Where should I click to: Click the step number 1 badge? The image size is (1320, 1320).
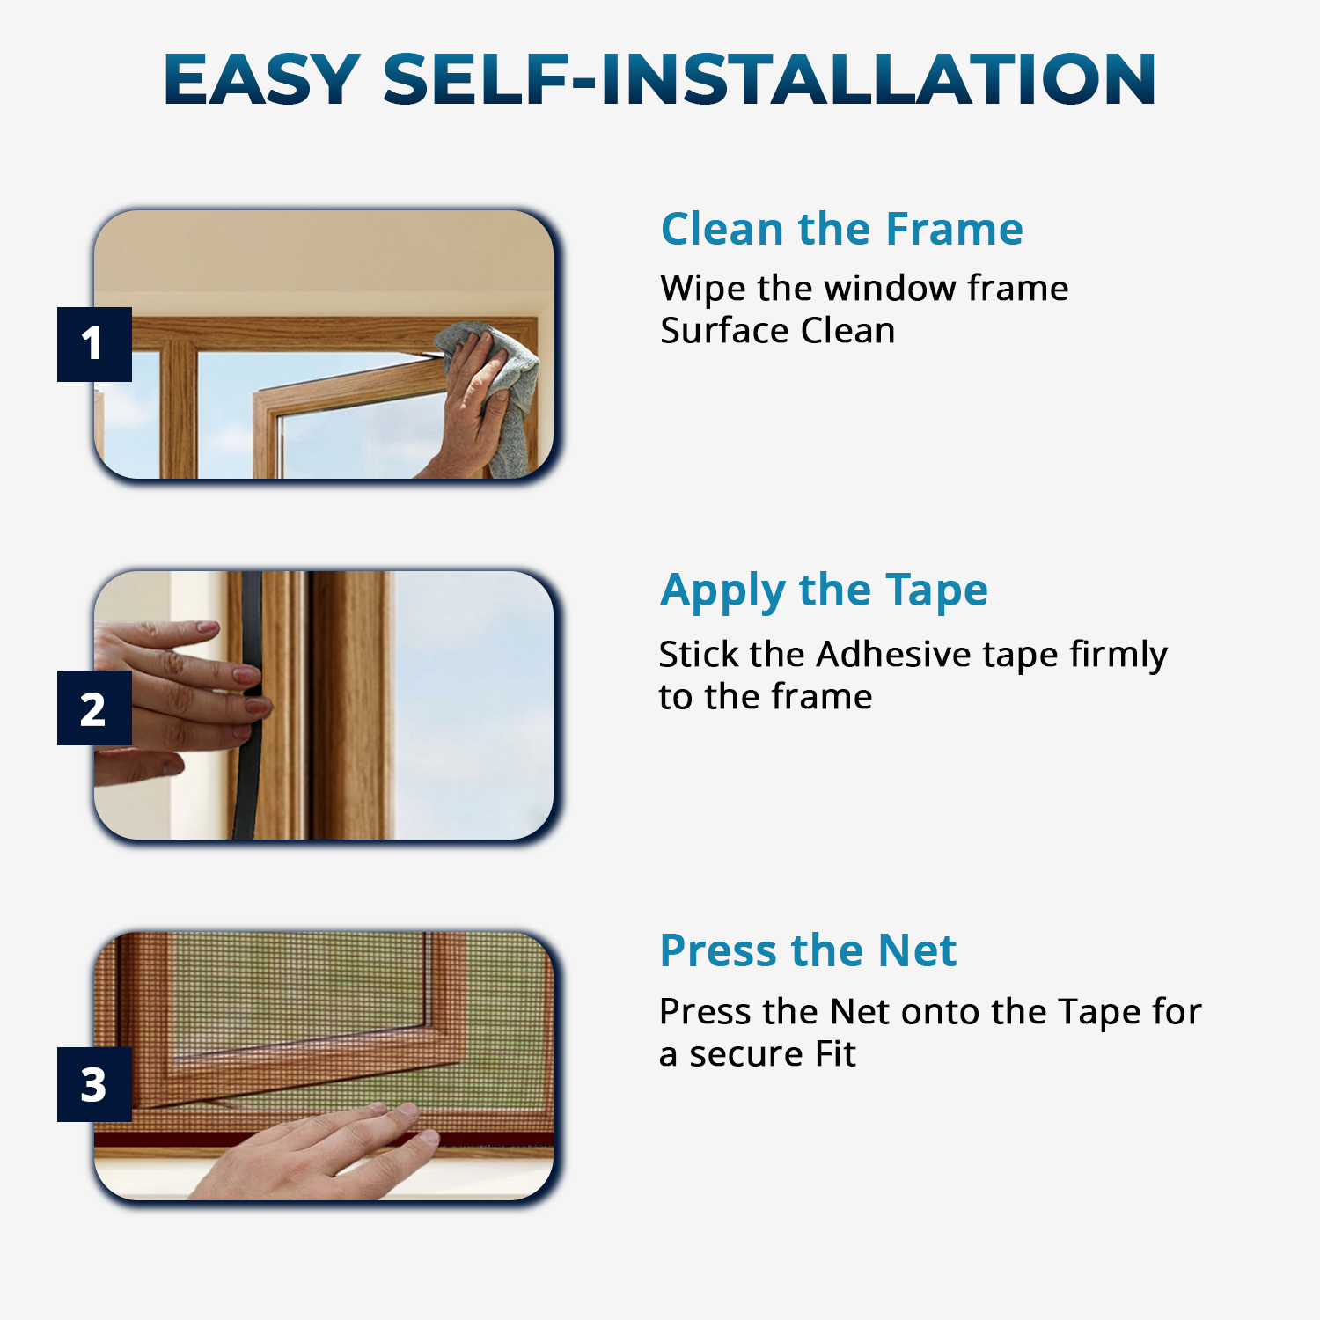tap(94, 344)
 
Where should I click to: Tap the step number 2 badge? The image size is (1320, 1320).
tap(94, 708)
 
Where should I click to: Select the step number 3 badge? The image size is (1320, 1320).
tap(94, 1084)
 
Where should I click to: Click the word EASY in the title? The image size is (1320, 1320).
tap(262, 79)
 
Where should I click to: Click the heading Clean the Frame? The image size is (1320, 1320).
tap(842, 229)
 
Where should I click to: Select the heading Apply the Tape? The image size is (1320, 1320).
tap(824, 591)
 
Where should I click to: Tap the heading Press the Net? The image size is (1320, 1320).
tap(808, 950)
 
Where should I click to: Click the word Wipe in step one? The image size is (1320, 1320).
tap(703, 290)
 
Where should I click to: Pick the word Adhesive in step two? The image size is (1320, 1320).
tap(893, 654)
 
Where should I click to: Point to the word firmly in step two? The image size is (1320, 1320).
tap(1118, 656)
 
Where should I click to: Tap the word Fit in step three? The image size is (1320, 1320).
tap(835, 1053)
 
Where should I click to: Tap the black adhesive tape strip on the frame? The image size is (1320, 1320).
tap(248, 704)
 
